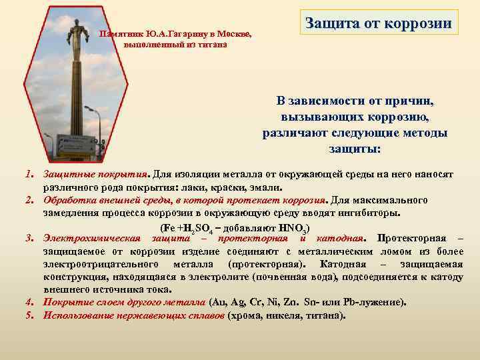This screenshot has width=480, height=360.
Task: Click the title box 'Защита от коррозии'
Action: point(378,23)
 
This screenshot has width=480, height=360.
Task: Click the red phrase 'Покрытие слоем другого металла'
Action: point(125,302)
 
